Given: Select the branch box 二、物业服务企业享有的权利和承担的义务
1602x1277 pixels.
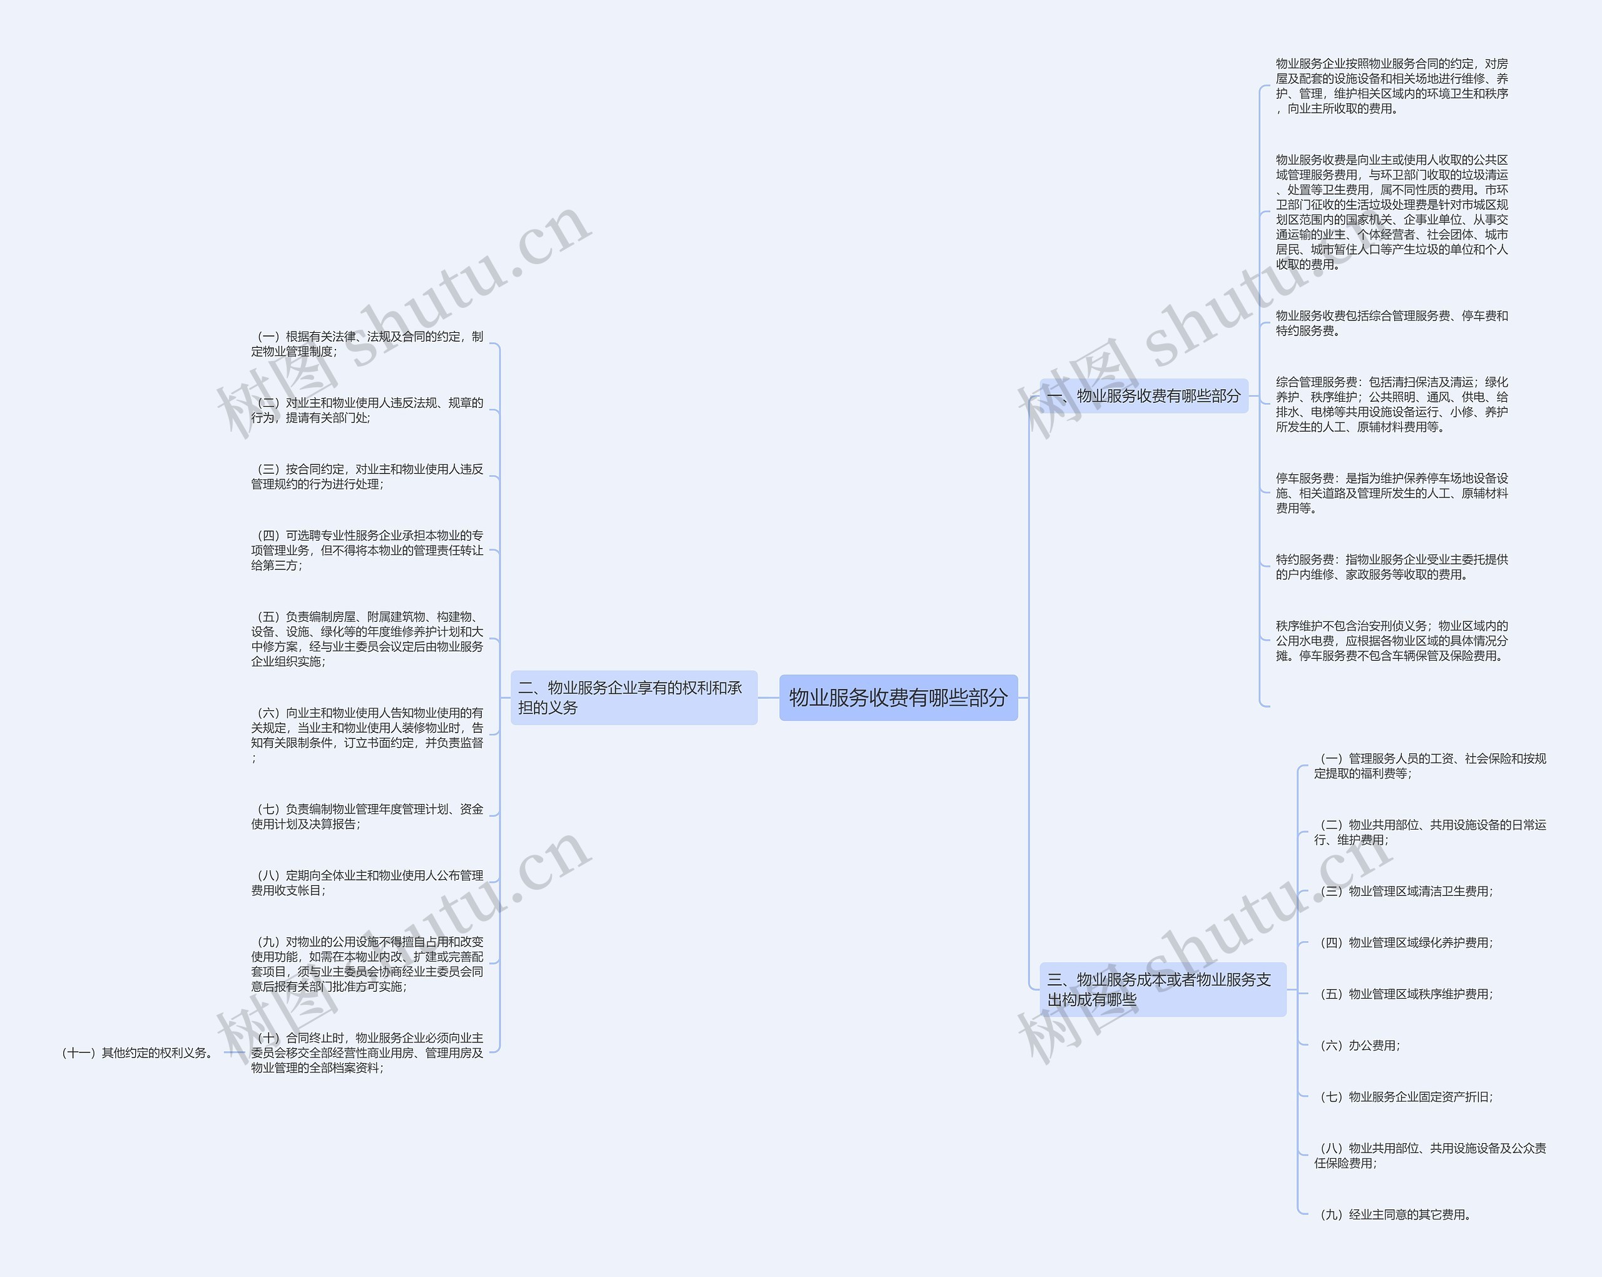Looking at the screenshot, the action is click(x=633, y=698).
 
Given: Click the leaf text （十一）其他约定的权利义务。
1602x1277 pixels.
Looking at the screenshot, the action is click(x=138, y=1052).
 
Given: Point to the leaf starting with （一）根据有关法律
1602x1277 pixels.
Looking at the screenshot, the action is click(x=367, y=344).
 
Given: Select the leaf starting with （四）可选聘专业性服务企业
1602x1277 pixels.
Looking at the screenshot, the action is click(x=367, y=551).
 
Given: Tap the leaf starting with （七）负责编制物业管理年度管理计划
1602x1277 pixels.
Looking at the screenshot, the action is click(x=367, y=817).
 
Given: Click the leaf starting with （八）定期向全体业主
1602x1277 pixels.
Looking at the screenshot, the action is click(x=367, y=883).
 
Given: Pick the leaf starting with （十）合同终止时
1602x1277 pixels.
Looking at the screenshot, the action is click(x=367, y=1052).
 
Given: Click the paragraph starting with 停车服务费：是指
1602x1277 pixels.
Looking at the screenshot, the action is click(x=1392, y=493).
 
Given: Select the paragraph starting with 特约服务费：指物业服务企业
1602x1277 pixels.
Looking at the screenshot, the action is click(x=1392, y=567).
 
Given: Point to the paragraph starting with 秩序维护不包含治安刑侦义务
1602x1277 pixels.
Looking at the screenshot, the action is click(x=1392, y=640).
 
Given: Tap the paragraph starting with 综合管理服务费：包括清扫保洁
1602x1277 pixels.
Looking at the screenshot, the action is click(x=1392, y=404).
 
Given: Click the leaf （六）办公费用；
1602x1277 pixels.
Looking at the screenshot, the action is click(x=1359, y=1046).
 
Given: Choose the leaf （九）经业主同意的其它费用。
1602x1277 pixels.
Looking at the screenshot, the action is click(x=1395, y=1214).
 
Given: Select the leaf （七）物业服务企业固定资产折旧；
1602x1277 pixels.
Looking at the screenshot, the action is click(x=1405, y=1096).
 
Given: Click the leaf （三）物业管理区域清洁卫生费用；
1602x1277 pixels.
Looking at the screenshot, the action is click(x=1405, y=891).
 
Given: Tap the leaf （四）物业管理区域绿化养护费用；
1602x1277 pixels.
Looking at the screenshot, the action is click(x=1405, y=943).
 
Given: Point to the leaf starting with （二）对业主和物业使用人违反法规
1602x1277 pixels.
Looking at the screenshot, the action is click(x=367, y=410).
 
